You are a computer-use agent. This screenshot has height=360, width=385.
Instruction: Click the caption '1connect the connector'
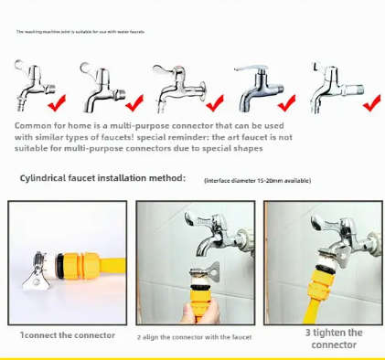click(x=68, y=335)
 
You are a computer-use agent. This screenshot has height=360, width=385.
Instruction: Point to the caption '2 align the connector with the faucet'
click(x=194, y=336)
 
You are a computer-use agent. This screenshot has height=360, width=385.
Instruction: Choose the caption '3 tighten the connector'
click(x=333, y=338)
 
